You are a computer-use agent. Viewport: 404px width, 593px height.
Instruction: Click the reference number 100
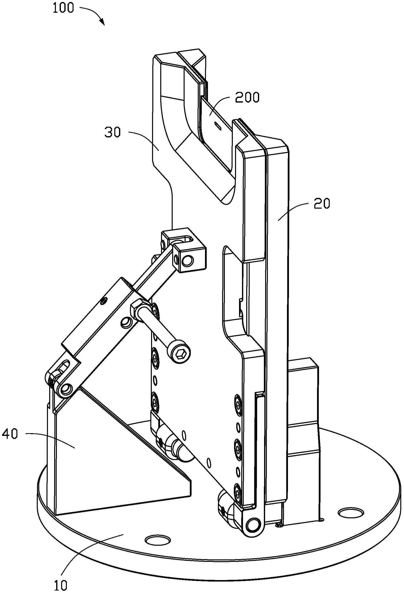pyautogui.click(x=63, y=8)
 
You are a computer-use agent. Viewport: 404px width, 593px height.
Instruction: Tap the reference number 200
pyautogui.click(x=247, y=97)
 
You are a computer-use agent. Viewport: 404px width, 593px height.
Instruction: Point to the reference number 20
pyautogui.click(x=322, y=204)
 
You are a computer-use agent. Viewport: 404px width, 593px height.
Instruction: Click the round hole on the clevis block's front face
pyautogui.click(x=189, y=260)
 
